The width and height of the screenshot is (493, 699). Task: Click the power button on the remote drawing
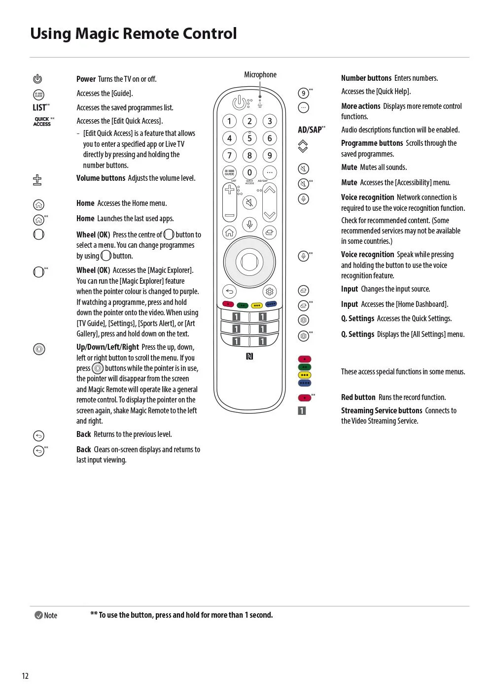click(x=239, y=102)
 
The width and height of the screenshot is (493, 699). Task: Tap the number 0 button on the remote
click(x=249, y=172)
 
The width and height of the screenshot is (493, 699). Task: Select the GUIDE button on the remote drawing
click(x=229, y=172)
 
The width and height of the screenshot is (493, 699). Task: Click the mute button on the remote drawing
click(x=250, y=202)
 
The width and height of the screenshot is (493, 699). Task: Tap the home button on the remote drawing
click(x=229, y=232)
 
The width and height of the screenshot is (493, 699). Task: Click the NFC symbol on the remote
click(x=249, y=356)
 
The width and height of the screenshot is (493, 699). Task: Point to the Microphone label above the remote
click(x=260, y=75)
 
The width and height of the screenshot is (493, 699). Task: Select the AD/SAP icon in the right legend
click(x=311, y=130)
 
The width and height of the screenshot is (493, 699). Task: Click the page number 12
click(x=25, y=676)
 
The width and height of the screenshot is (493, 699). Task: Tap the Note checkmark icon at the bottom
click(x=38, y=615)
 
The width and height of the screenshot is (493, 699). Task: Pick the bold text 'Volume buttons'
click(x=101, y=178)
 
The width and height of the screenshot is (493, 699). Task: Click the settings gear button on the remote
click(x=270, y=291)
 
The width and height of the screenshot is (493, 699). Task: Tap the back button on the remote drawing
click(x=229, y=291)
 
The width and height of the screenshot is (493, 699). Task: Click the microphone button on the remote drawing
click(x=250, y=225)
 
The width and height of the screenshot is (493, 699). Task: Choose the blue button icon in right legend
click(x=305, y=383)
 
